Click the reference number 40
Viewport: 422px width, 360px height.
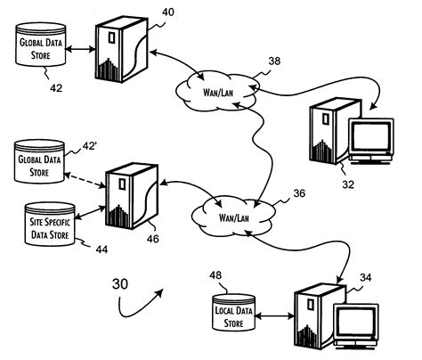(167, 13)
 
